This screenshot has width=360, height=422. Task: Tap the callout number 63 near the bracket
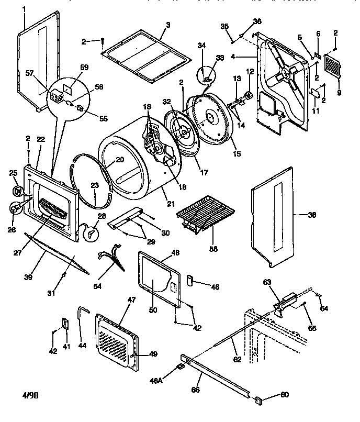tap(267, 282)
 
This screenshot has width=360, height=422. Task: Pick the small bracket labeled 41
tap(65, 324)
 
